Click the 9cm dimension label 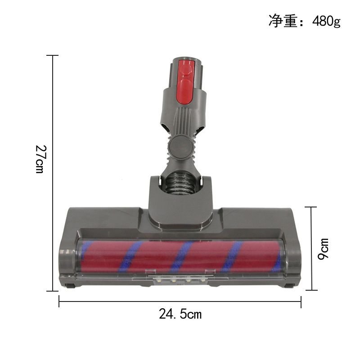click(323, 248)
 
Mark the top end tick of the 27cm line click(53, 55)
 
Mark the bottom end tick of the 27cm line click(53, 291)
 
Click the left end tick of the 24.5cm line click(59, 301)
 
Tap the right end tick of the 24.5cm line click(301, 301)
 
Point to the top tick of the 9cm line click(310, 207)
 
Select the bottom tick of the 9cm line click(310, 290)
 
